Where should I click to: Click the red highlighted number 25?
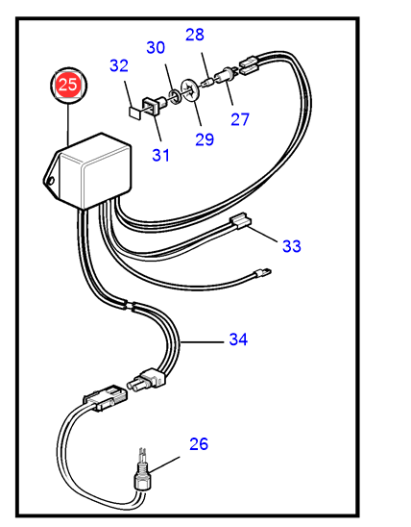68,85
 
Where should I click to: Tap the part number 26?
199,444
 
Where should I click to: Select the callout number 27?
240,119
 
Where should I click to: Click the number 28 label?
195,35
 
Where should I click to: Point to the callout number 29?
205,139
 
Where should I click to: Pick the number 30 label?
156,47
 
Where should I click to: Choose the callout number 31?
161,155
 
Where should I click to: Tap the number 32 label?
119,65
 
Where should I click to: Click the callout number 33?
292,246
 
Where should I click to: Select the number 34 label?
238,339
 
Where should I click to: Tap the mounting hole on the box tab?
51,181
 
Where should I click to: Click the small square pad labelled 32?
134,113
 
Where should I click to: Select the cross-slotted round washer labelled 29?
190,90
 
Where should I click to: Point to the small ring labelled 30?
174,97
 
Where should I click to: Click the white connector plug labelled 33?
240,220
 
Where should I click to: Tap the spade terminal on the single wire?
262,272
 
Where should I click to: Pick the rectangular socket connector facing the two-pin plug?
106,397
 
